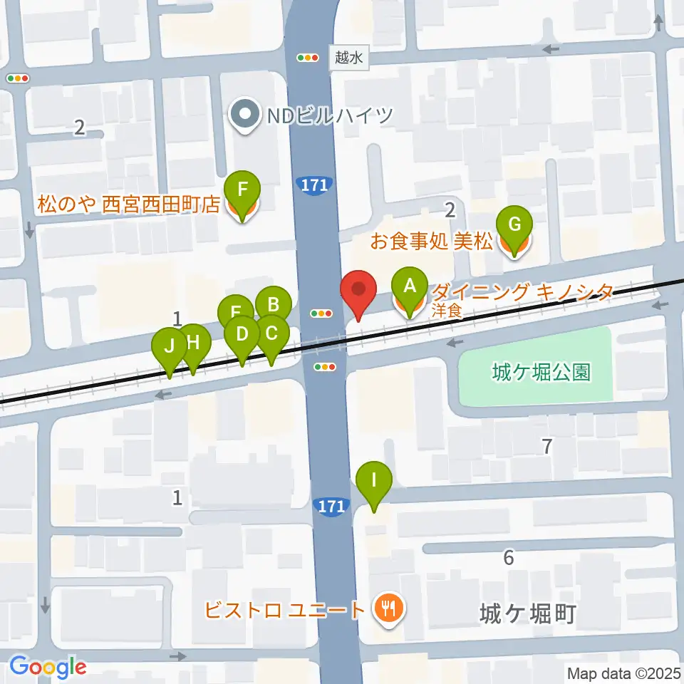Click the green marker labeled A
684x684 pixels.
(x=409, y=286)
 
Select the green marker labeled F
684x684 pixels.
(x=242, y=191)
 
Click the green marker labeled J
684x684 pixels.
(x=169, y=347)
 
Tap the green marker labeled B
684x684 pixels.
(x=273, y=306)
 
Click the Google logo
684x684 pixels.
(x=48, y=667)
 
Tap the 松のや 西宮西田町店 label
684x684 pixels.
(x=129, y=205)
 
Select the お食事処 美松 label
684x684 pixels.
(x=432, y=242)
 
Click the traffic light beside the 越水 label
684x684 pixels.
(x=309, y=58)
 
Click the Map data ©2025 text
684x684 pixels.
(x=623, y=673)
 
